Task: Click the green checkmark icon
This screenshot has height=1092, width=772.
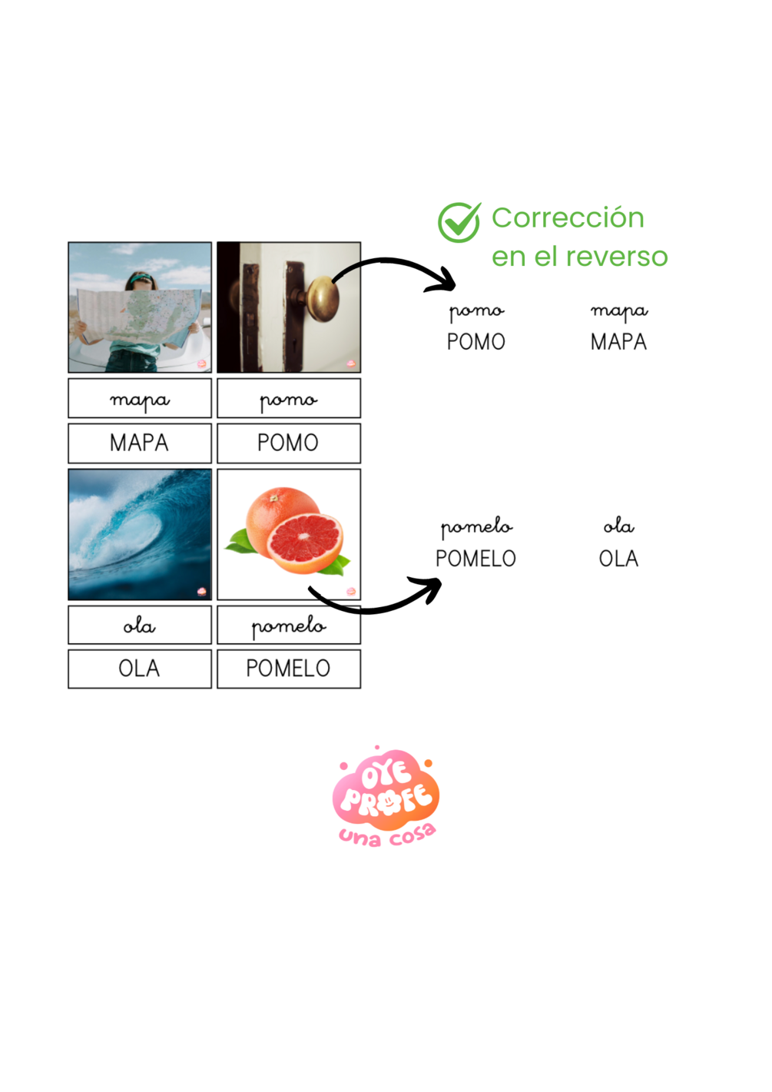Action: pyautogui.click(x=459, y=222)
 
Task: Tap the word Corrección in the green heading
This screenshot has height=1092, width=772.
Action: pyautogui.click(x=568, y=218)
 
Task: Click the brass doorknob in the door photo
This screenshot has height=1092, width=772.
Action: pyautogui.click(x=323, y=300)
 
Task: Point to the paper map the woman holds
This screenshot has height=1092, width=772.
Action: pyautogui.click(x=138, y=315)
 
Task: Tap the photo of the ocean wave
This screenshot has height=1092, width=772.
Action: pyautogui.click(x=139, y=534)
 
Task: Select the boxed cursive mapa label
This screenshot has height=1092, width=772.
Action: pyautogui.click(x=139, y=399)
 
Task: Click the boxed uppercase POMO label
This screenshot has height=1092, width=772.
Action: pyautogui.click(x=288, y=443)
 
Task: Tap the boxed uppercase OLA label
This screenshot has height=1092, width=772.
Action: pyautogui.click(x=139, y=669)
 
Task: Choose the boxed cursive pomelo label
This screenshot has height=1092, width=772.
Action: pyautogui.click(x=288, y=626)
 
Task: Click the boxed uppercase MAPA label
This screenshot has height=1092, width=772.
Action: pyautogui.click(x=139, y=443)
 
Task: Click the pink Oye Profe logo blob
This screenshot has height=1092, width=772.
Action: pyautogui.click(x=386, y=792)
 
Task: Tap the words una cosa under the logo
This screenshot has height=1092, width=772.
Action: pyautogui.click(x=387, y=835)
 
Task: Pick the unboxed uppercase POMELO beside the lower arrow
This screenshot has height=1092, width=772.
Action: pyautogui.click(x=475, y=559)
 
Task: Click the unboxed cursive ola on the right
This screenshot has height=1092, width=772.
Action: pyautogui.click(x=618, y=526)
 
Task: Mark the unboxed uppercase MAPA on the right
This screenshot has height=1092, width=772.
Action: pyautogui.click(x=618, y=342)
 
